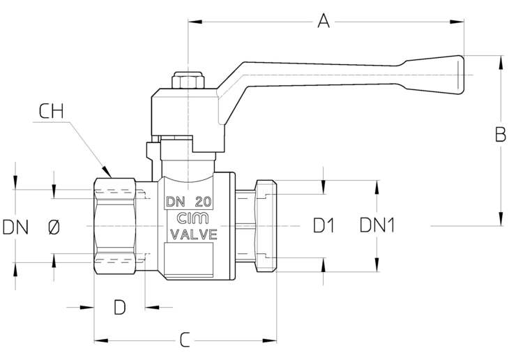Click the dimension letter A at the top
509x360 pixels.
coord(324,21)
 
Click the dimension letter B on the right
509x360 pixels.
coord(500,134)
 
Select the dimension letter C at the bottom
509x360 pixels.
coord(185,340)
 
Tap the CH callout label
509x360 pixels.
coord(51,111)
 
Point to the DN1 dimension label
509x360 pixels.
coord(377,225)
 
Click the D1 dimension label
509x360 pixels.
coord(324,225)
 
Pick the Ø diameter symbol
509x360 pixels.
coord(54,227)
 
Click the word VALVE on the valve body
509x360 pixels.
coord(194,234)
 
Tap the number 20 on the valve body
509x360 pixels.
coord(203,202)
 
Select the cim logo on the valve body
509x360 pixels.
coord(193,218)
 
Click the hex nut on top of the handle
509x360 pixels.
coord(188,80)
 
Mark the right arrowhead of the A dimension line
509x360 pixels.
coord(457,22)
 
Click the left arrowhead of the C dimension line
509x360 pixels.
coord(101,340)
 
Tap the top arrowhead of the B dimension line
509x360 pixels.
coord(500,62)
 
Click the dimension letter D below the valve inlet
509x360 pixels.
coord(119,307)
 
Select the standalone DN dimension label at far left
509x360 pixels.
coord(15,227)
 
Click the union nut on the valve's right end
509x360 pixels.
coord(266,226)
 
